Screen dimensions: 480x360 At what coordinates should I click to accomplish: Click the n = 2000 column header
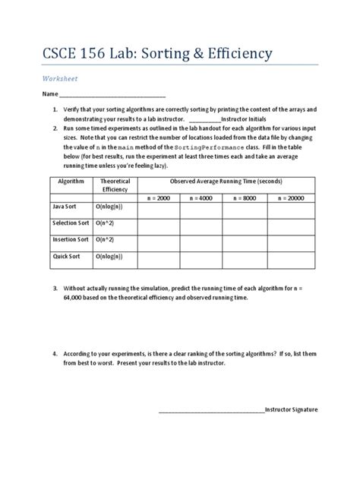pos(161,197)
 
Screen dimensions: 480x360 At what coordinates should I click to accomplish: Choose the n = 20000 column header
pos(296,197)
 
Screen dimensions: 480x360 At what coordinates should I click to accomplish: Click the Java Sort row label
pos(66,207)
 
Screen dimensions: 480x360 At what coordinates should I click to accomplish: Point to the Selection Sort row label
pos(71,223)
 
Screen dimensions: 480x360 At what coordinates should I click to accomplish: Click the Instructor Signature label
pos(292,409)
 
